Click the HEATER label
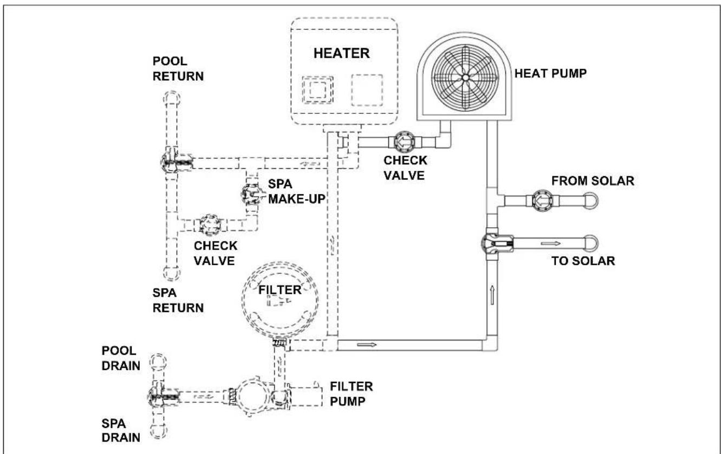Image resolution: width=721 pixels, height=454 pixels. [341, 54]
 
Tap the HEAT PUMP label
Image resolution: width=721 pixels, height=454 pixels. [550, 73]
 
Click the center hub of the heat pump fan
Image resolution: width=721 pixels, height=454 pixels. [465, 78]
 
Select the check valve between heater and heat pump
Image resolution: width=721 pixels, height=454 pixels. [406, 142]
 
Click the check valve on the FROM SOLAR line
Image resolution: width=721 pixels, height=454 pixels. [543, 200]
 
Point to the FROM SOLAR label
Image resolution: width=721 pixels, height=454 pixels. [593, 181]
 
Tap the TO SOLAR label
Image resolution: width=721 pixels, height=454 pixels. [583, 261]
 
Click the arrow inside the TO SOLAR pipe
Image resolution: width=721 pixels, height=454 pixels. [551, 243]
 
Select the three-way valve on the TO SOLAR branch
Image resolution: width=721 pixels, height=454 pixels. [497, 243]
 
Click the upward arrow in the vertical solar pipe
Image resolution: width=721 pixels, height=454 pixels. [492, 295]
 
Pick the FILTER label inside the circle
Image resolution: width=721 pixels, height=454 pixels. [280, 290]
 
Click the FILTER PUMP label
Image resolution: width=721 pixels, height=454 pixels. [352, 394]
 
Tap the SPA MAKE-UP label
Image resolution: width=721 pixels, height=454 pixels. [296, 191]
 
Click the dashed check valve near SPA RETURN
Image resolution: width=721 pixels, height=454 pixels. [210, 224]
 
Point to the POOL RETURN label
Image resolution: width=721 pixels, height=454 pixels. [178, 69]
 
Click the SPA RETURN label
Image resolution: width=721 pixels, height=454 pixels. [178, 300]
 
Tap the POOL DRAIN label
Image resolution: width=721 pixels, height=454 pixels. [121, 358]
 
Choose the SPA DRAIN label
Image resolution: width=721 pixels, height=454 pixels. [121, 431]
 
